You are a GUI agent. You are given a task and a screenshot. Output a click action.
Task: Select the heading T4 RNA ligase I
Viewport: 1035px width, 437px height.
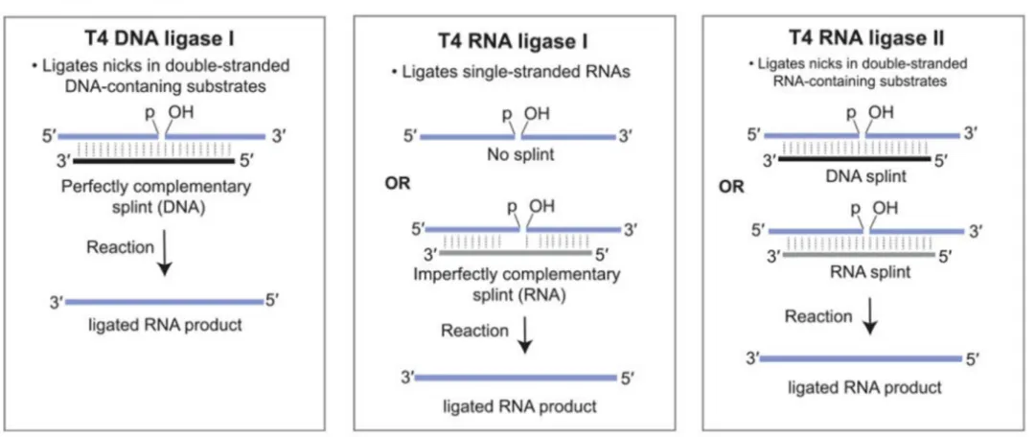point(513,41)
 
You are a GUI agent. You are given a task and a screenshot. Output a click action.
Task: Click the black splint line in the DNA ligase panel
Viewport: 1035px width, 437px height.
point(153,160)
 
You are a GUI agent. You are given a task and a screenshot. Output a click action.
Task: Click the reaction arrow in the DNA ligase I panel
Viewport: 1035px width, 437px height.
point(167,258)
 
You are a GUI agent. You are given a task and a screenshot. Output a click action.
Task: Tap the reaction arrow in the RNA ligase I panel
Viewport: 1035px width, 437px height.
point(525,334)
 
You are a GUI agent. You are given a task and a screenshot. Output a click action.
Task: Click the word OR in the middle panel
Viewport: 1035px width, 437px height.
point(397,183)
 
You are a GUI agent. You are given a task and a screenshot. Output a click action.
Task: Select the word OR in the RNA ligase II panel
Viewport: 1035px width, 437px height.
point(731,186)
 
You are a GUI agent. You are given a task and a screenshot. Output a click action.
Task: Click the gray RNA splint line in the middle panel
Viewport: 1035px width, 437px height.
point(515,252)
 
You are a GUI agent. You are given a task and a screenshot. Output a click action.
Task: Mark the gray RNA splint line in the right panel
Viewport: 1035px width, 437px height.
point(858,254)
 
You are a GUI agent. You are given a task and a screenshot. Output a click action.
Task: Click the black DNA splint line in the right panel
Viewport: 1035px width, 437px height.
point(856,158)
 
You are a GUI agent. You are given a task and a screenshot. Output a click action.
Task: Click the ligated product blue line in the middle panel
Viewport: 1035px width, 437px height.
point(515,378)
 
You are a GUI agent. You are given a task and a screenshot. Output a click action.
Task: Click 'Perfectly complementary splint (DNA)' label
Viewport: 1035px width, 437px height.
point(156,196)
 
